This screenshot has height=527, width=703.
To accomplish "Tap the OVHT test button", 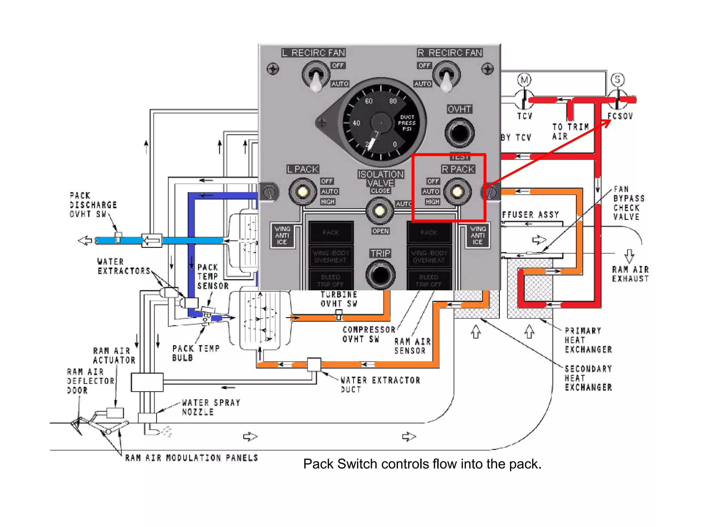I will tap(459, 132).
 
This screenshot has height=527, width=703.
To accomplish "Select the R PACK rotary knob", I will tap(457, 191).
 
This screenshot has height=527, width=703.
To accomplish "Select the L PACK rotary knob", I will tap(302, 191).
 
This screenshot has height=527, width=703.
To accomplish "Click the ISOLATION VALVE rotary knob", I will tap(379, 211).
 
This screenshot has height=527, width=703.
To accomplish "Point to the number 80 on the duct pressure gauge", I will tap(393, 101).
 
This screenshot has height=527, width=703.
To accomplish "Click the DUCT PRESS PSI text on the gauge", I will tap(407, 123).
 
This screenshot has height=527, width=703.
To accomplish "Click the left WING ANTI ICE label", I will tap(282, 235).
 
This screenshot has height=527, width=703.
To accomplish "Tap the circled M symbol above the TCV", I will tap(524, 80).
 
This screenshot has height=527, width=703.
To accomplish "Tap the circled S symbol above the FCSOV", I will tap(618, 80).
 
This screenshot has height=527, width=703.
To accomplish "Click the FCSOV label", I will tap(620, 116).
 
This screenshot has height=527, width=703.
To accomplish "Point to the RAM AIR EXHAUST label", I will tap(630, 274).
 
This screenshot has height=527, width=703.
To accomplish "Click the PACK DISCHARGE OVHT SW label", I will tap(93, 205).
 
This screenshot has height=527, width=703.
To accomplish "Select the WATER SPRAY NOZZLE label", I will tap(211, 407).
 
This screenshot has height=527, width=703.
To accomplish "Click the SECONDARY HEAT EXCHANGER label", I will tap(588, 378).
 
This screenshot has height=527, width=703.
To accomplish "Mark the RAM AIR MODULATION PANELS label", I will tap(191, 458).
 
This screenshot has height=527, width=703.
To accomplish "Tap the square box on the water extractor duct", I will tap(314, 364).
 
